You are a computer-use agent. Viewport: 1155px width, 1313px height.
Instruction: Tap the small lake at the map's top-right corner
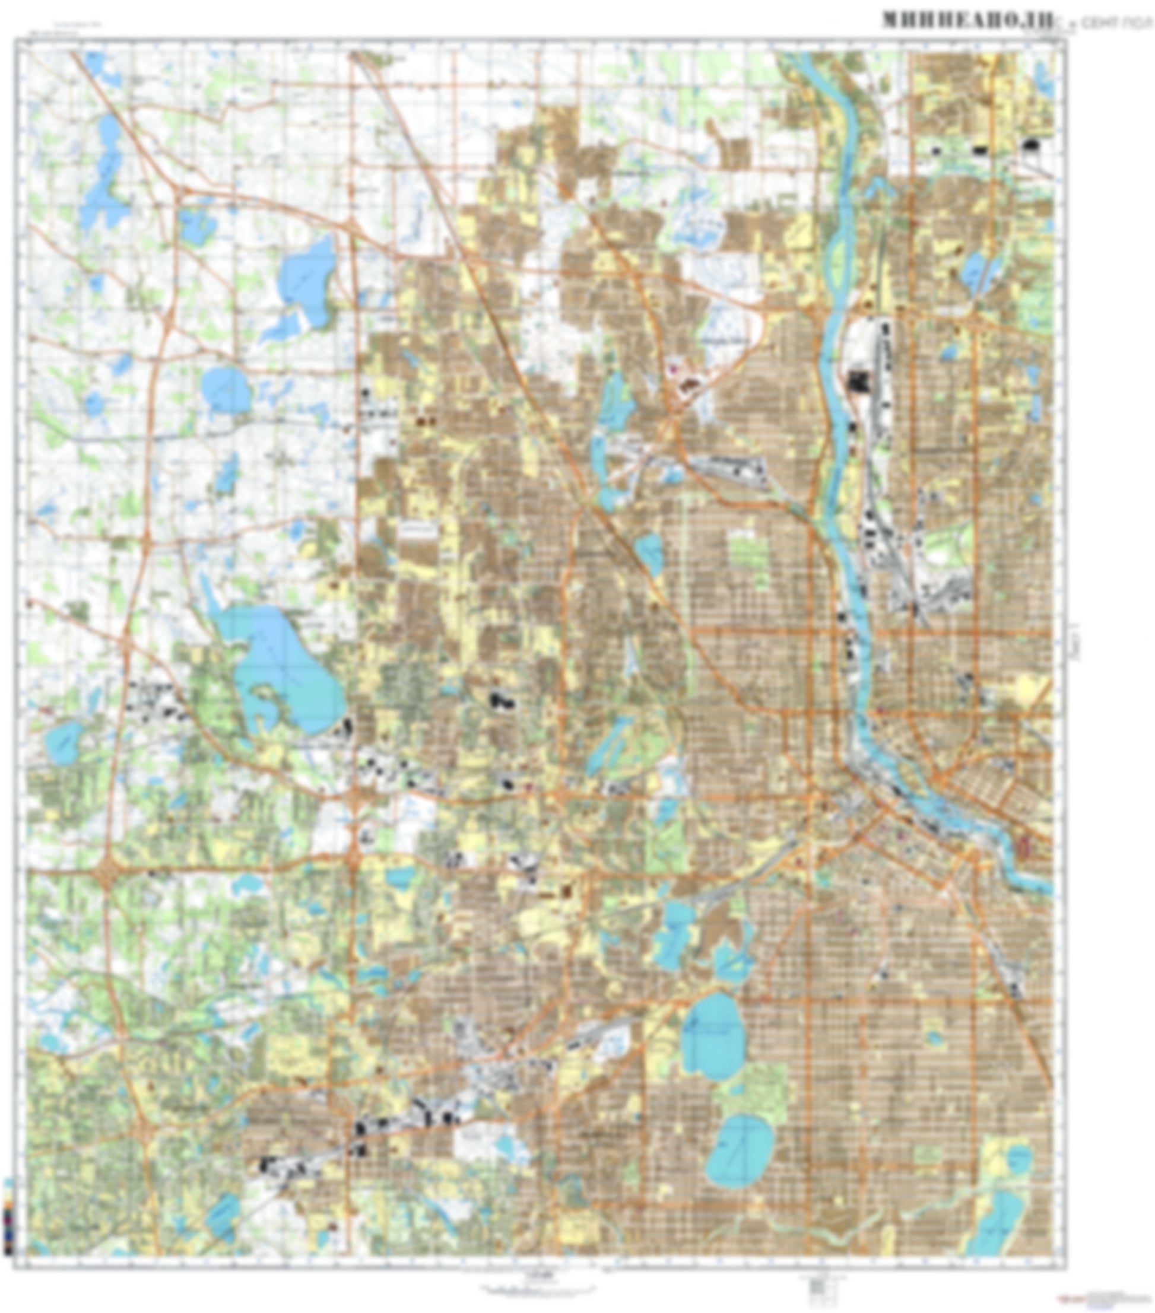pos(1045,77)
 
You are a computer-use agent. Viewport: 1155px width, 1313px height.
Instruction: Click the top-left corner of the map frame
pos(16,40)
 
